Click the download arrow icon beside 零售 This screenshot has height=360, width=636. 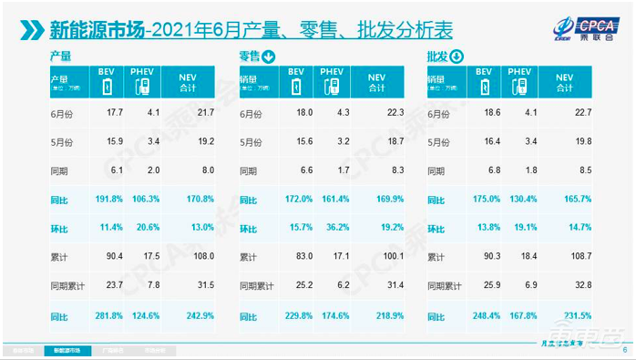(x=270, y=57)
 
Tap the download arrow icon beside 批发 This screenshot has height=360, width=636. (x=456, y=57)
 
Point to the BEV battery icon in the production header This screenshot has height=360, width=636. (x=108, y=87)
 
